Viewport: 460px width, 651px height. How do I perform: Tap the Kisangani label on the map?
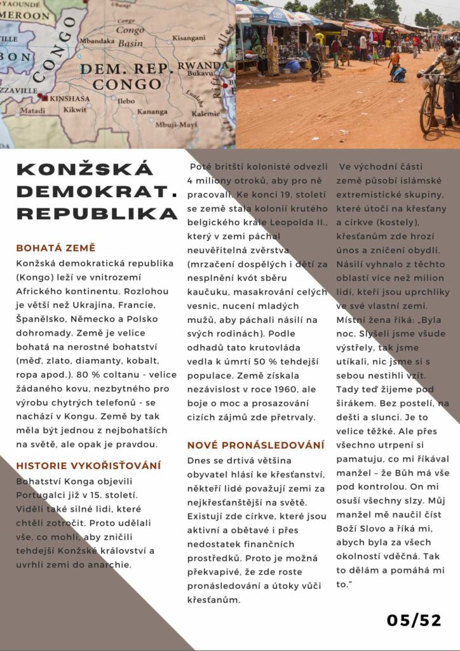[x=189, y=38]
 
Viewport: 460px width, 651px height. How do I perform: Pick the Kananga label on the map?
[x=152, y=111]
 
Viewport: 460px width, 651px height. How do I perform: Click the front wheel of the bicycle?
[x=427, y=113]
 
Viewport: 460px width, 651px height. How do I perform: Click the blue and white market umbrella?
[x=280, y=14]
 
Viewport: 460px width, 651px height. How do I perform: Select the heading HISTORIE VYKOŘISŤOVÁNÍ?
[x=88, y=465]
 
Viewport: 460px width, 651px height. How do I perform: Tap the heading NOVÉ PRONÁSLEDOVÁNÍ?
[x=255, y=444]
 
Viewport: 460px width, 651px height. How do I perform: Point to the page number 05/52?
[x=414, y=620]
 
